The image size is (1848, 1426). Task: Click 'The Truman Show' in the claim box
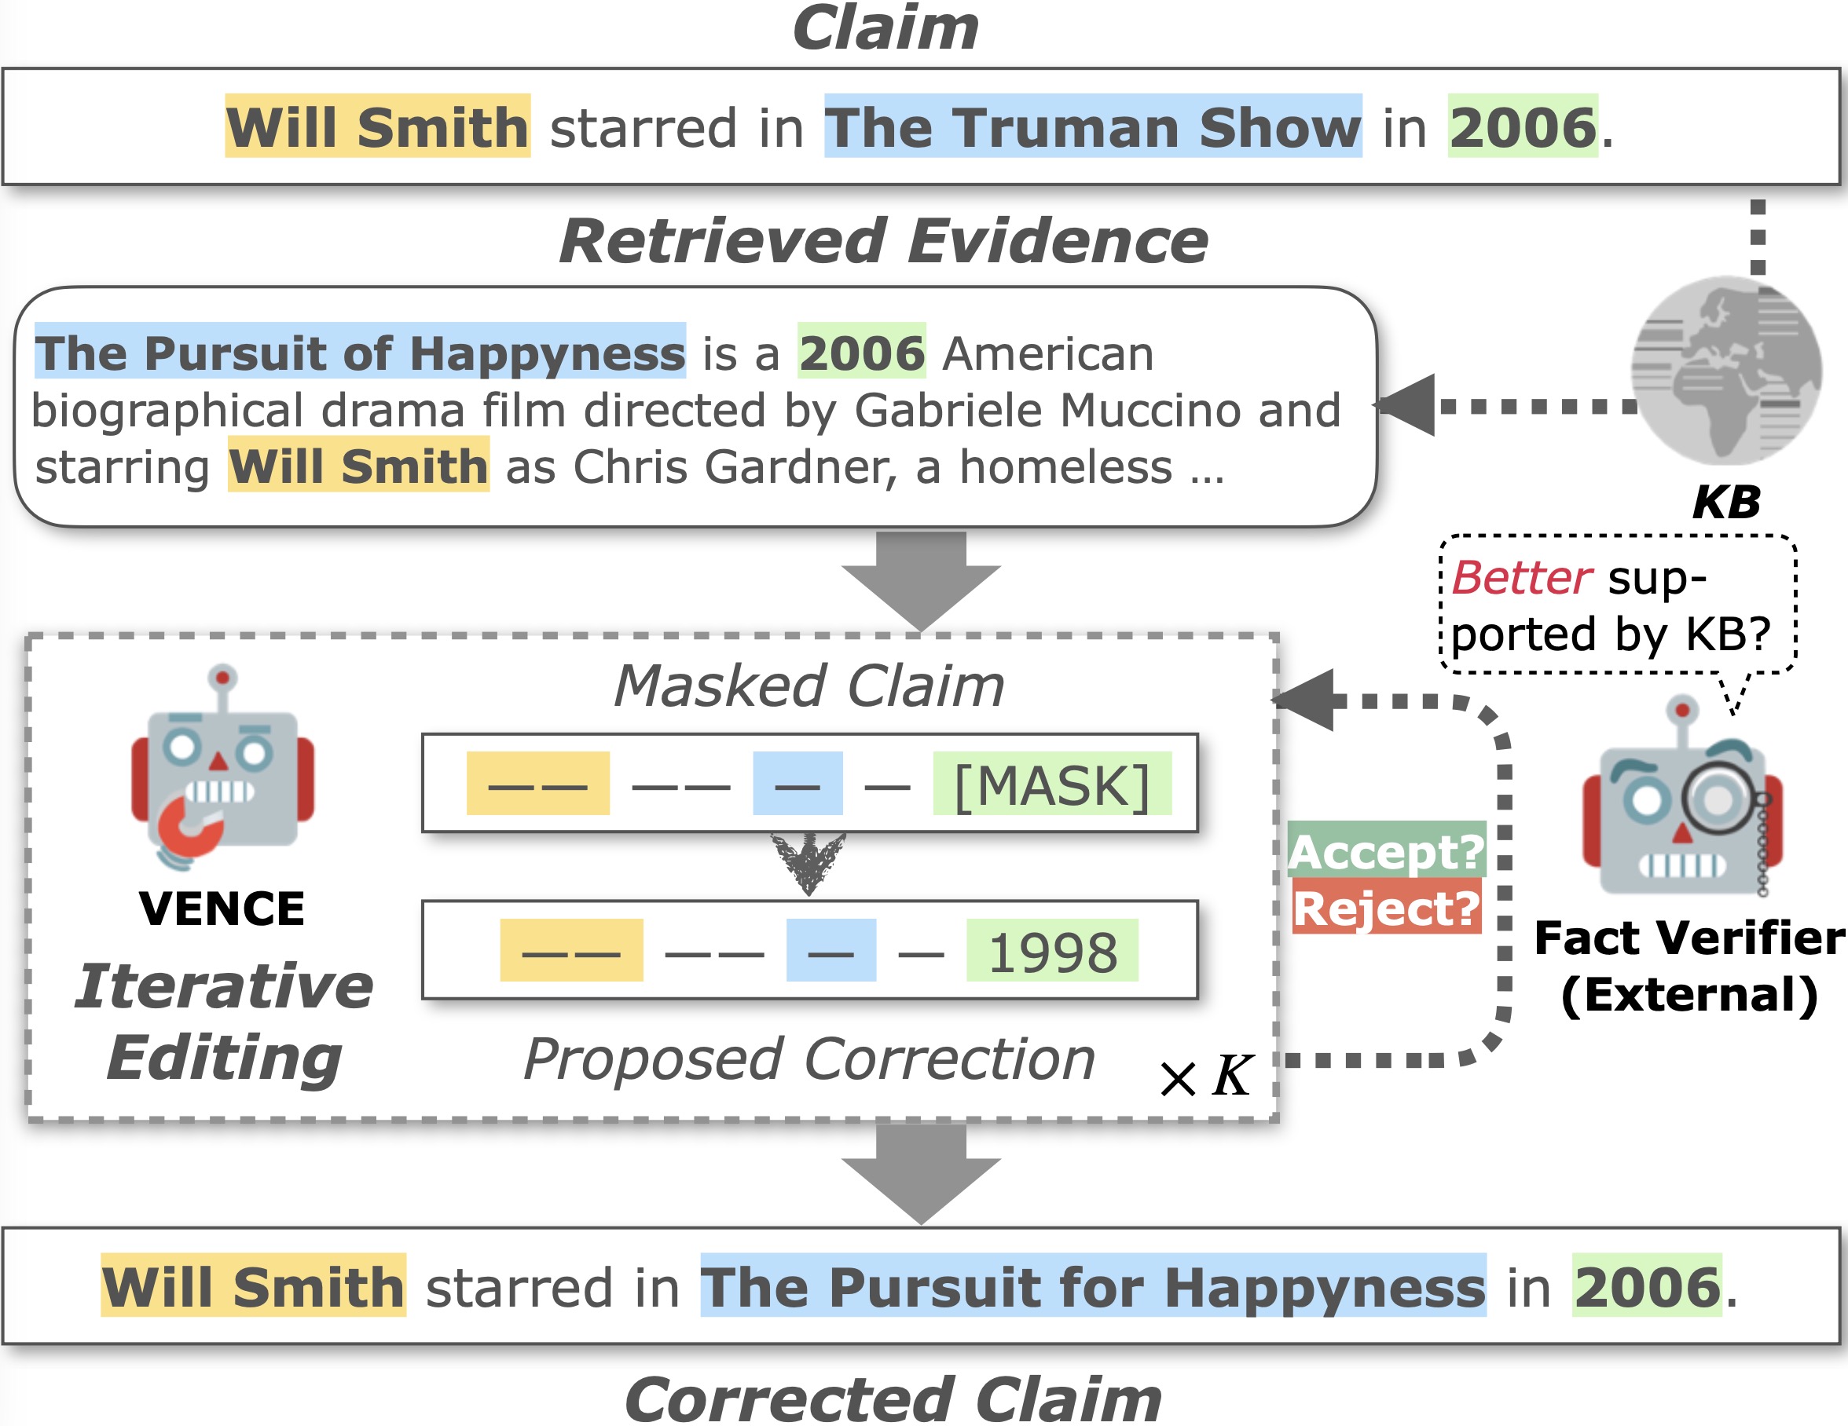point(1092,127)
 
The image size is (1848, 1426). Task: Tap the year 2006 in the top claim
point(1522,127)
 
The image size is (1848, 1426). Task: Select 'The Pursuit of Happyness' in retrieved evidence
point(360,352)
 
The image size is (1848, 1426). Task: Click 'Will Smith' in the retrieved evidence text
point(359,466)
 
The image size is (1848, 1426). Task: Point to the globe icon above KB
point(1726,371)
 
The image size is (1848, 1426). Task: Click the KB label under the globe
point(1726,503)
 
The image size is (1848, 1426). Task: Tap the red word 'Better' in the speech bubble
point(1521,579)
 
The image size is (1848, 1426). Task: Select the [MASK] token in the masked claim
point(1052,786)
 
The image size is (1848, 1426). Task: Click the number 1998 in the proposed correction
point(1052,952)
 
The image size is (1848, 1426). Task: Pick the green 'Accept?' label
point(1386,851)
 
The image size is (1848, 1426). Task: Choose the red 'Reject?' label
point(1386,909)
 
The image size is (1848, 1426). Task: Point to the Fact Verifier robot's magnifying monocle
point(1718,798)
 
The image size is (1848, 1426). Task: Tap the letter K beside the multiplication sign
point(1231,1076)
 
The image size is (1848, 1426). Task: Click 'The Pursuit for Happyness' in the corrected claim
point(1092,1286)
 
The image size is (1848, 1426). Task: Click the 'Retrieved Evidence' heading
point(883,241)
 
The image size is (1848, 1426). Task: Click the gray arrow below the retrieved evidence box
point(921,580)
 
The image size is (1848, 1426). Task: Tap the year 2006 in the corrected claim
point(1647,1286)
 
